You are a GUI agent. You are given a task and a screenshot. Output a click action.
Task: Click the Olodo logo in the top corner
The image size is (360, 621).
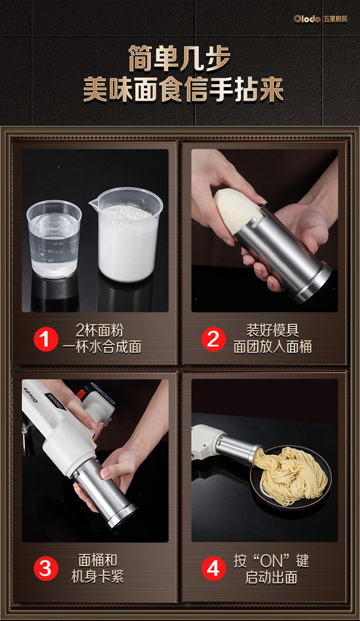[307, 19]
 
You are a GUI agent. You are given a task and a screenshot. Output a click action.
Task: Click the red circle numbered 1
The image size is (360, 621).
[46, 339]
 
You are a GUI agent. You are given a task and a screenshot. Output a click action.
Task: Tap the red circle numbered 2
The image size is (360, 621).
[213, 339]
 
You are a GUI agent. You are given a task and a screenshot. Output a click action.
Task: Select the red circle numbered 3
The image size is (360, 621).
[46, 568]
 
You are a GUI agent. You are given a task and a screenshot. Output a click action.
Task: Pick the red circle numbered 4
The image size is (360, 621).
[213, 568]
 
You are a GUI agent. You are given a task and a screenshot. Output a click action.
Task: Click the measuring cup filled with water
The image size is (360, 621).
[54, 239]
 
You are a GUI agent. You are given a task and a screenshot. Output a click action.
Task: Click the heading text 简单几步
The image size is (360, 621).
[180, 58]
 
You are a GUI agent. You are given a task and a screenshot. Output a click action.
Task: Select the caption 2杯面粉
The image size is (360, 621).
[99, 330]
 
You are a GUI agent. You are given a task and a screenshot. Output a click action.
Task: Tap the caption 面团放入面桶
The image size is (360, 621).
[273, 347]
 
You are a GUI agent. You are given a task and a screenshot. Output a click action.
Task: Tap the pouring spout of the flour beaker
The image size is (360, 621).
[93, 204]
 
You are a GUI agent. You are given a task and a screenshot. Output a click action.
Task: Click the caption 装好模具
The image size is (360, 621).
[273, 330]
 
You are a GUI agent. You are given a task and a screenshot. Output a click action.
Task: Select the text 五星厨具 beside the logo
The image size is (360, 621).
[335, 19]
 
